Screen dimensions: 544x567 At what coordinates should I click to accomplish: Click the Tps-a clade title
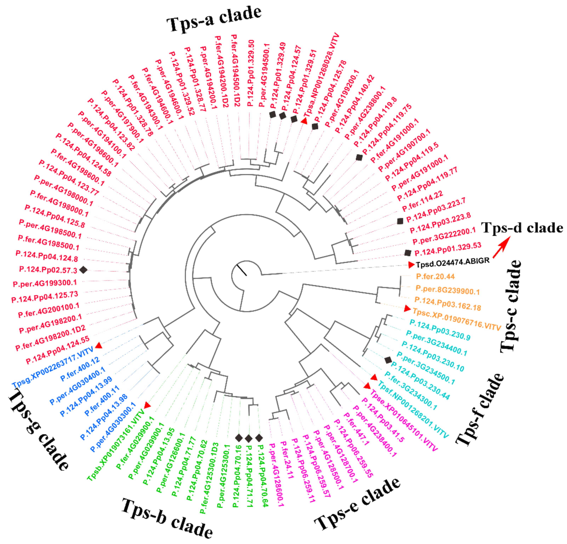coord(214,19)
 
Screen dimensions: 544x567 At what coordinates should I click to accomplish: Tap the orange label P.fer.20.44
coord(435,277)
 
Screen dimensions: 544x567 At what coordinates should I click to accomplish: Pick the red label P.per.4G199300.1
coord(45,283)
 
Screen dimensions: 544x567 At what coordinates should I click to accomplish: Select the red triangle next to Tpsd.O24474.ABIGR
coord(411,264)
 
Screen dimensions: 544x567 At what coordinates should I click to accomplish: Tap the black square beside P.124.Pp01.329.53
coord(408,253)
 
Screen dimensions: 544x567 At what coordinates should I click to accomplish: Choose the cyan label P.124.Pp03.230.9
coord(440,330)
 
